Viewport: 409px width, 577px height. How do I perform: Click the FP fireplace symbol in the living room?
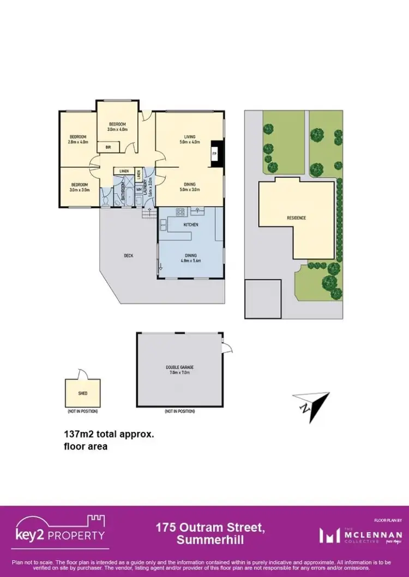pos(215,154)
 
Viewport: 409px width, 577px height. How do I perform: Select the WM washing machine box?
pos(139,190)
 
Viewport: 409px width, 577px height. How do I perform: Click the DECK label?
pos(129,255)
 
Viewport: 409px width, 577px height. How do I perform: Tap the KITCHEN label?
pos(190,224)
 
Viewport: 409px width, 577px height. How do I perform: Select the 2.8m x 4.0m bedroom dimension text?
pos(79,142)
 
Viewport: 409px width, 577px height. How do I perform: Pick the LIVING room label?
pos(190,136)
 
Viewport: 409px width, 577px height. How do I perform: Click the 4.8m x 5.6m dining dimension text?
pos(190,260)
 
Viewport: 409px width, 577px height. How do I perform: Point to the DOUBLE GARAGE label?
pos(180,367)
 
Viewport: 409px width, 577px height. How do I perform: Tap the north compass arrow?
pos(312,405)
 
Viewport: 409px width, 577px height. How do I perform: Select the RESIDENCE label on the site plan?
pos(297,218)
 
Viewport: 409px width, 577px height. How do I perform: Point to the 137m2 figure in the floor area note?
pos(77,435)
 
